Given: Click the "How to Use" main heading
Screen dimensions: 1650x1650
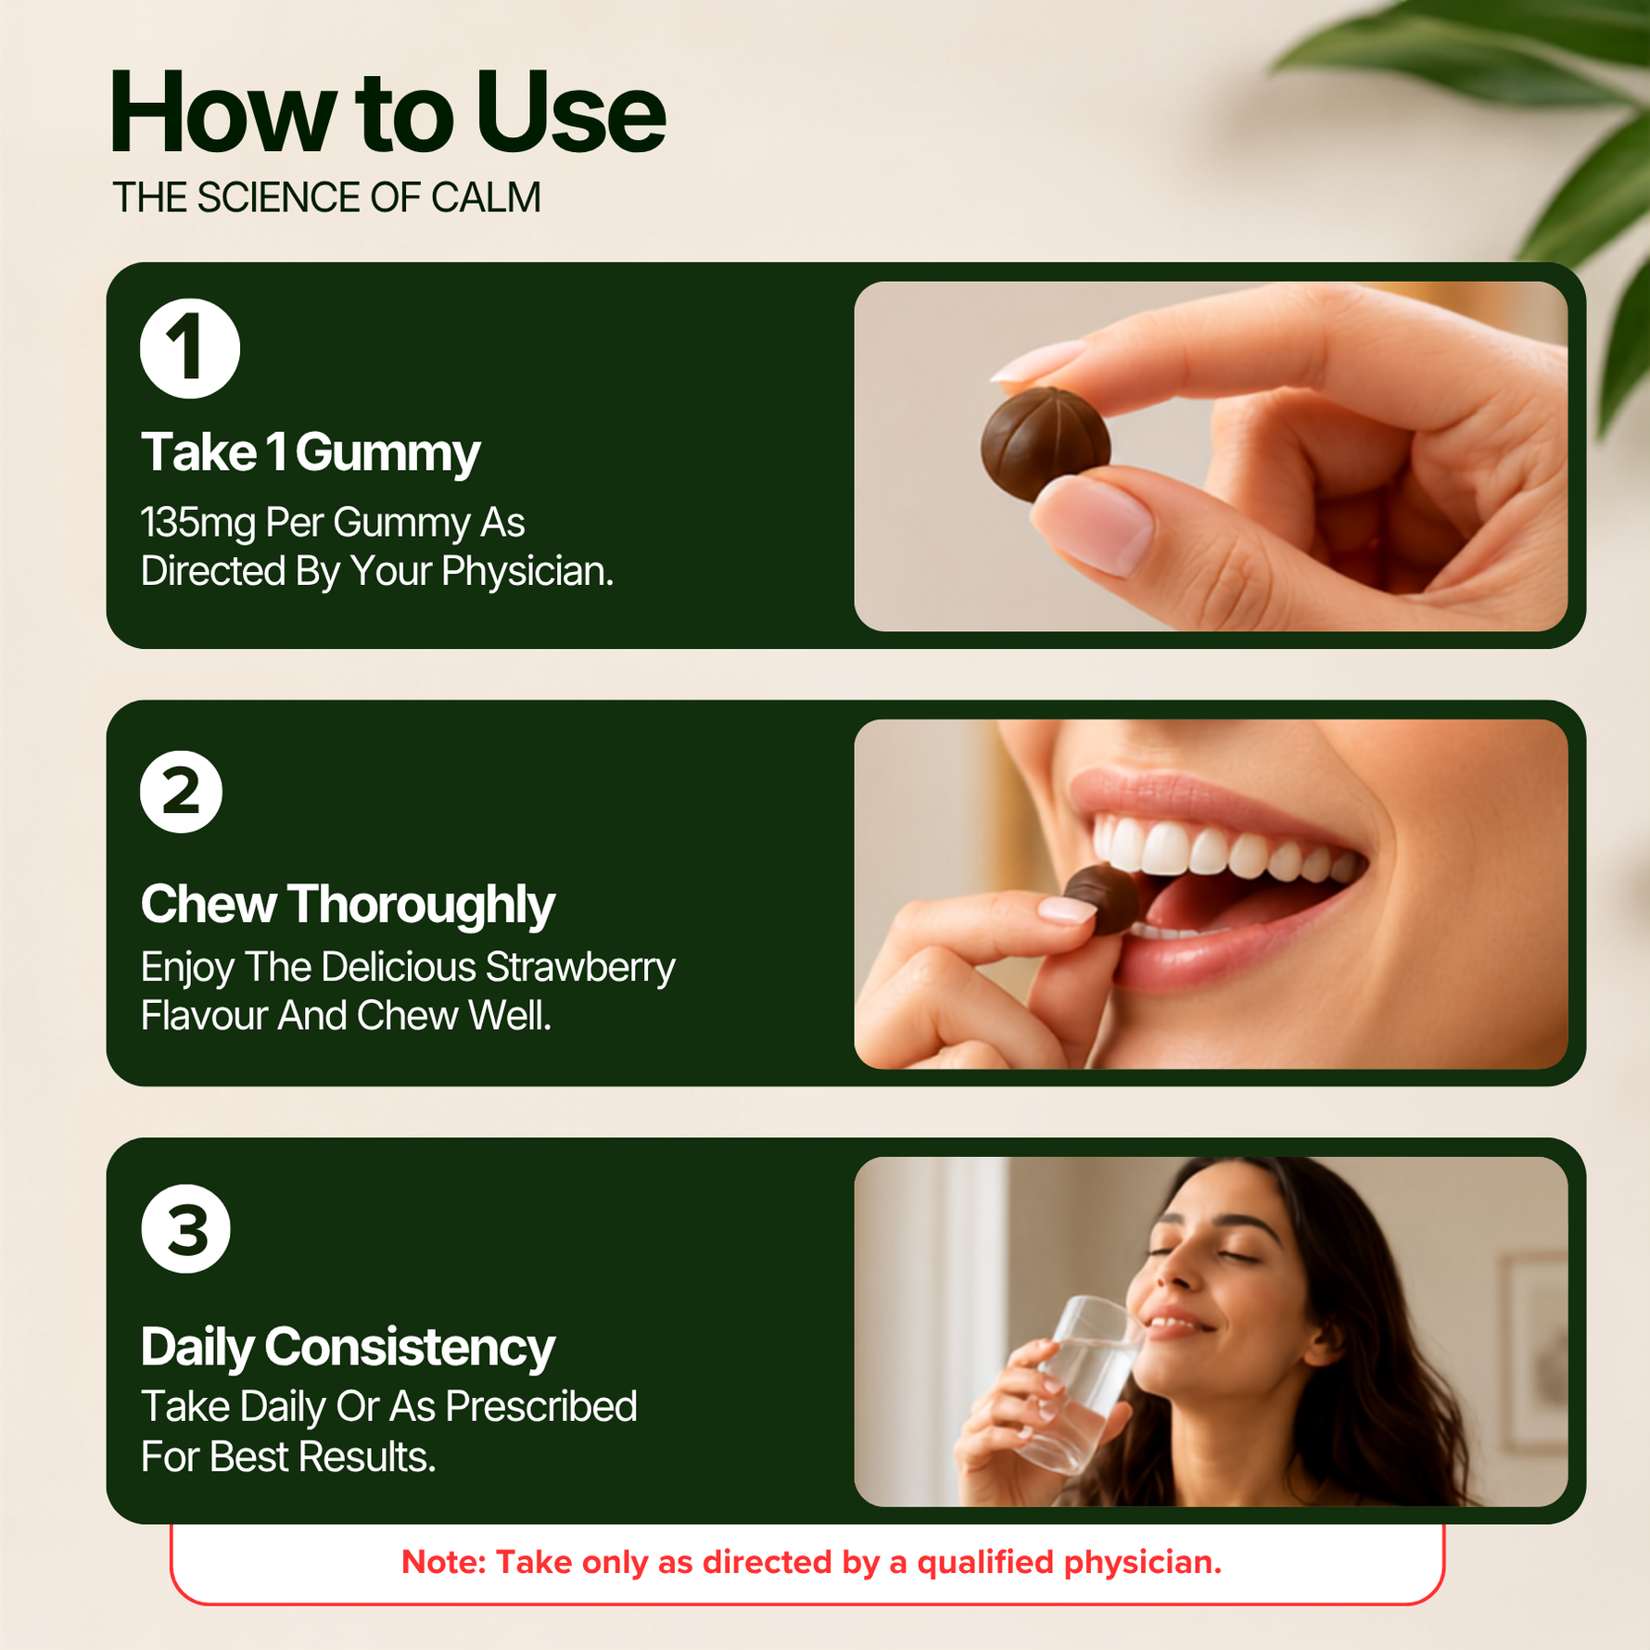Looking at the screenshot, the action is pyautogui.click(x=387, y=112).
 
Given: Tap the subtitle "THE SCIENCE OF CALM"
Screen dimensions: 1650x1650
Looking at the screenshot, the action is pyautogui.click(x=326, y=197).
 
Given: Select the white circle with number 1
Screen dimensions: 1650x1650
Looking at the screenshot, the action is pyautogui.click(x=190, y=349).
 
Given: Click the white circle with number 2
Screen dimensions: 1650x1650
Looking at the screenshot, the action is pyautogui.click(x=182, y=792).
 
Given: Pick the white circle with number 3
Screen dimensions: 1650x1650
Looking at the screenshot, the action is pyautogui.click(x=185, y=1229).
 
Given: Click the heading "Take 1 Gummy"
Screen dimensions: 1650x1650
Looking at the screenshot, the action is pyautogui.click(x=311, y=452).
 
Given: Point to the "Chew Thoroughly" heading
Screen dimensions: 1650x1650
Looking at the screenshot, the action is pyautogui.click(x=348, y=904).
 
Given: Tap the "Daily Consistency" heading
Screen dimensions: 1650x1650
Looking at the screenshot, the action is pyautogui.click(x=348, y=1347).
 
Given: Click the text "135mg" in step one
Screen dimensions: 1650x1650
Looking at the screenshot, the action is pyautogui.click(x=198, y=523).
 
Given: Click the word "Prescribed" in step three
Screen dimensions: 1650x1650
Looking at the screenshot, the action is pyautogui.click(x=541, y=1406).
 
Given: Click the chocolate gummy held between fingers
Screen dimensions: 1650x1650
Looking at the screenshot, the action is pyautogui.click(x=1046, y=445).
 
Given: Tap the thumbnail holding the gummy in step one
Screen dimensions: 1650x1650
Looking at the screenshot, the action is pyautogui.click(x=1094, y=524).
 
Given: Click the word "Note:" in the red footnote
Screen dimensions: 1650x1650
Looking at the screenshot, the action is pyautogui.click(x=444, y=1562).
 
